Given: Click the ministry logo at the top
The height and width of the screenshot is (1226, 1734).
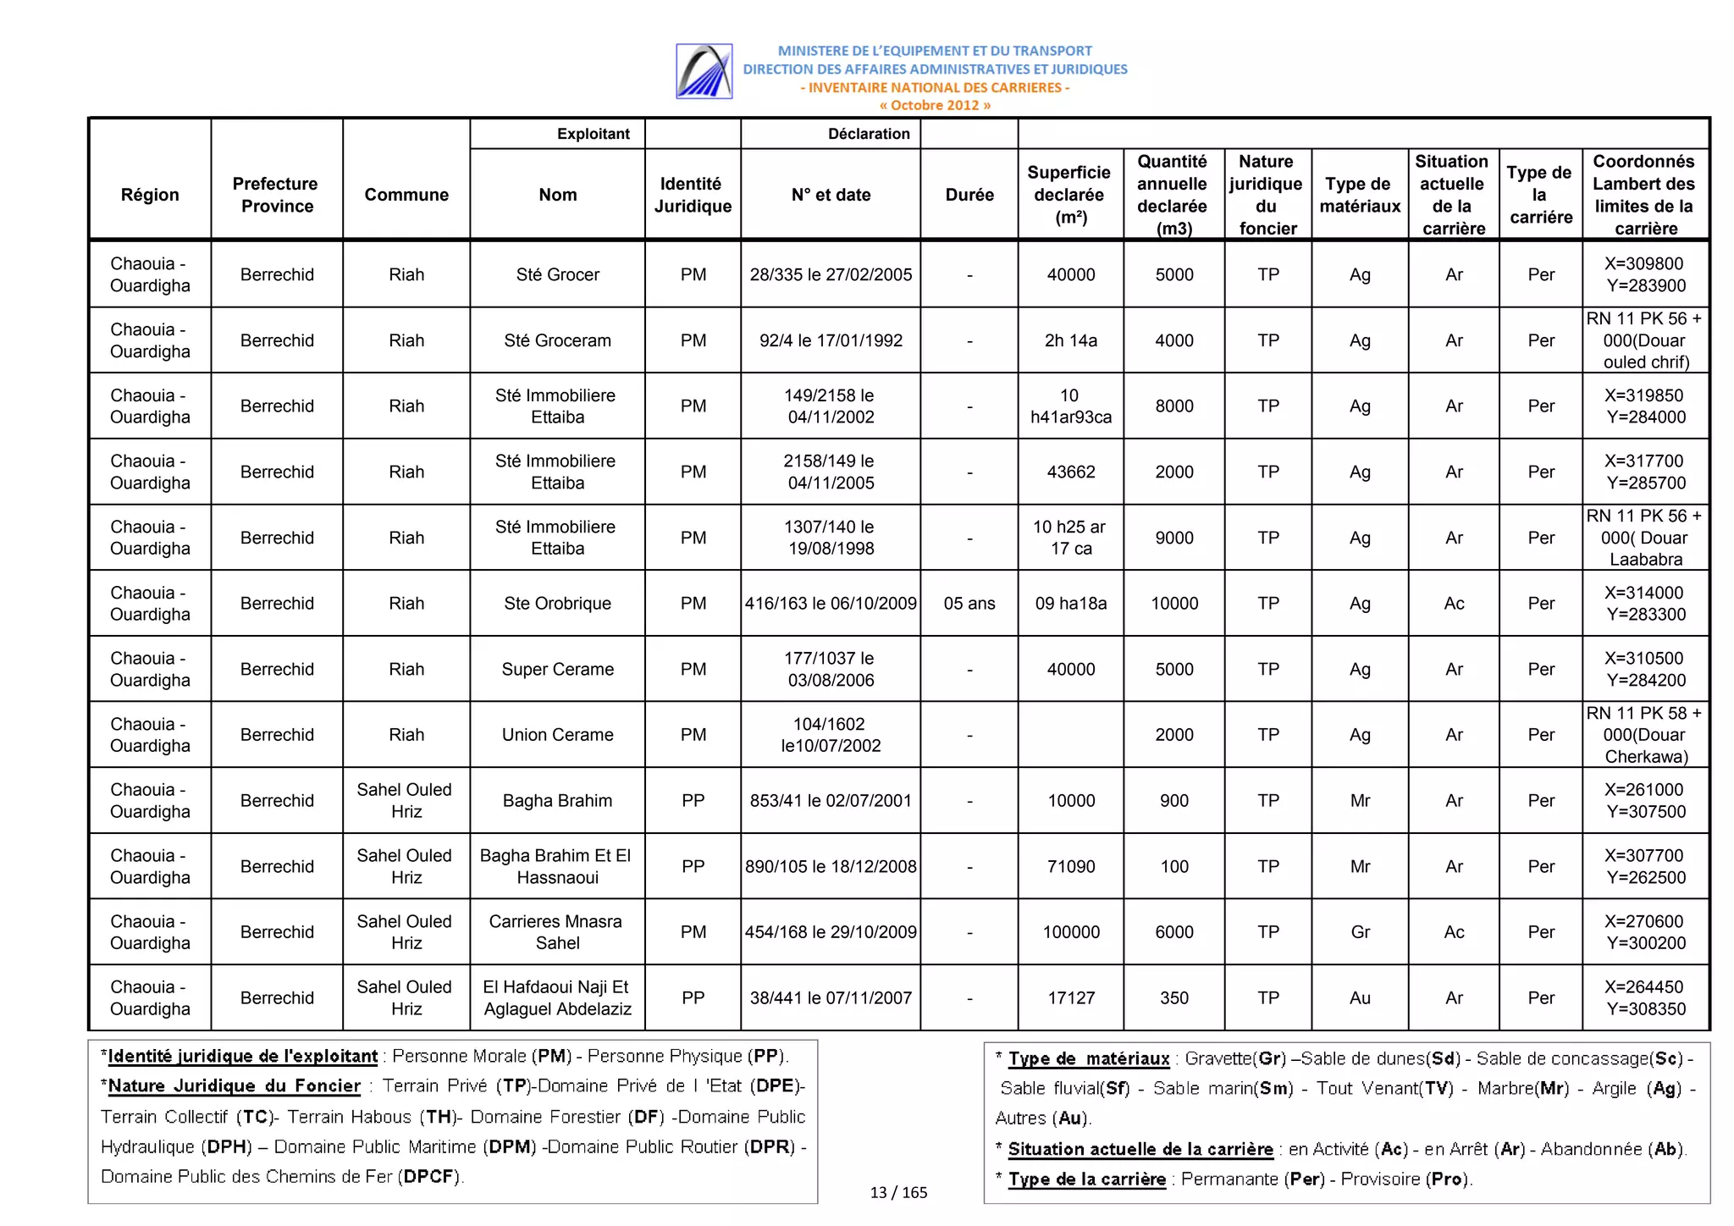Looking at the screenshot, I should point(704,71).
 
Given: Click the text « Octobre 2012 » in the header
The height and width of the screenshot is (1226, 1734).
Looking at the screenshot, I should point(934,105).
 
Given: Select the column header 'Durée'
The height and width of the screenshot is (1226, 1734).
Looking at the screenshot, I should point(969,195).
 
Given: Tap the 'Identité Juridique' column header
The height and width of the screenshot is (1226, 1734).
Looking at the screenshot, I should point(692,195).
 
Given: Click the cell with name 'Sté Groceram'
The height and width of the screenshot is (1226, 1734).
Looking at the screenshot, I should point(557,340).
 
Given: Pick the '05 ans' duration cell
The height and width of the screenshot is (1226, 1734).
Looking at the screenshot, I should point(969,603).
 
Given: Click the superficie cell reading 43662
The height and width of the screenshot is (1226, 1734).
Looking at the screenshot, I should point(1070,472).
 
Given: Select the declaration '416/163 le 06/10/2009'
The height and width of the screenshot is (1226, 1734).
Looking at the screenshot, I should point(830,603).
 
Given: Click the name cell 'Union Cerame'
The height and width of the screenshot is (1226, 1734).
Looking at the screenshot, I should point(557,734).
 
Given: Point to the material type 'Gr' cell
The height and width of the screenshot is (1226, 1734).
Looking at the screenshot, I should point(1359,931).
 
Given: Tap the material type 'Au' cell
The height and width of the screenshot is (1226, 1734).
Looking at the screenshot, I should point(1359,997).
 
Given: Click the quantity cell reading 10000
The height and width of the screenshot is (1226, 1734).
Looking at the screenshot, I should point(1173,603).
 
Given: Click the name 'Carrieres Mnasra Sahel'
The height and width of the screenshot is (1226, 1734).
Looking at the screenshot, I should point(557,931).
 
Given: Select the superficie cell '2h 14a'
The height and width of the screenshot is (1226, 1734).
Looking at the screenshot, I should point(1070,340).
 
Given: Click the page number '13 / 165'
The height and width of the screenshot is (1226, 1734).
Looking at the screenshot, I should point(898,1192).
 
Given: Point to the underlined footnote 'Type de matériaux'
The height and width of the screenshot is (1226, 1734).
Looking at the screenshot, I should point(1088,1058).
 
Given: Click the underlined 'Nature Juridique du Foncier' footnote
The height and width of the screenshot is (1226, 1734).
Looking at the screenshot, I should point(234,1085).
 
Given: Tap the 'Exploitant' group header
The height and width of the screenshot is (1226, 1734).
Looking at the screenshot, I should point(593,134).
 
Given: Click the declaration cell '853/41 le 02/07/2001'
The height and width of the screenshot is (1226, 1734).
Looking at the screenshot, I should point(830,800).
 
